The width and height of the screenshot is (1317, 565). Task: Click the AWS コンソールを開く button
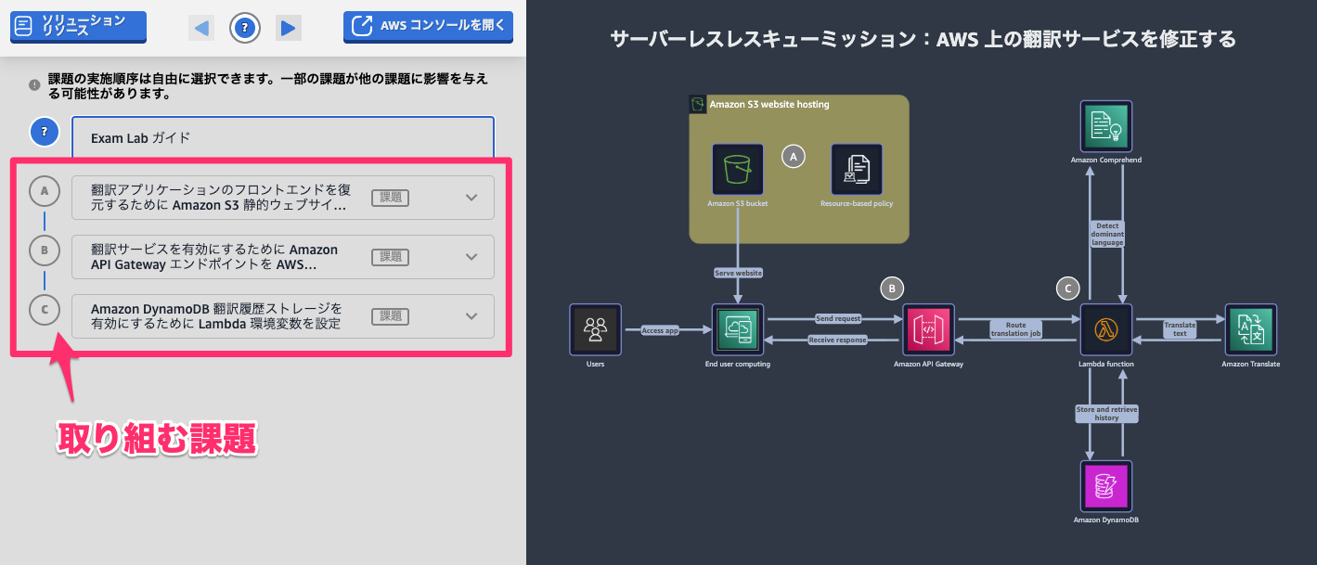click(428, 26)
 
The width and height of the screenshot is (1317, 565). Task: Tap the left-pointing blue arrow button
click(200, 28)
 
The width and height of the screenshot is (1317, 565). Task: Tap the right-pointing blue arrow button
click(289, 28)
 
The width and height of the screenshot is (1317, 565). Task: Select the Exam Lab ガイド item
click(282, 138)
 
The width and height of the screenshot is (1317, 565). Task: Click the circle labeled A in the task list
click(45, 191)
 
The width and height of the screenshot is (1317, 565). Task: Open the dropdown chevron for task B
click(471, 257)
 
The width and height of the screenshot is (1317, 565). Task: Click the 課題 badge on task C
click(390, 316)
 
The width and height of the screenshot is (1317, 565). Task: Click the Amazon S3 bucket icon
click(738, 170)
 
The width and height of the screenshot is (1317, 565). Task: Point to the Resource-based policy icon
click(857, 170)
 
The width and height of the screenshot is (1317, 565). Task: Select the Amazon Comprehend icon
click(1106, 126)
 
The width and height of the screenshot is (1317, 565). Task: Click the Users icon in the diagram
click(596, 329)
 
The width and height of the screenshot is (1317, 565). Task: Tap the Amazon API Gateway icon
click(928, 329)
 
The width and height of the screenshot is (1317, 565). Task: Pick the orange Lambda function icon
click(1106, 329)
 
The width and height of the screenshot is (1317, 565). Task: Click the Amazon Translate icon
click(1250, 329)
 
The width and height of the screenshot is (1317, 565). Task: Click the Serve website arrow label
click(738, 273)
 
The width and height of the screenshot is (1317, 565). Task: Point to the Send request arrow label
click(838, 318)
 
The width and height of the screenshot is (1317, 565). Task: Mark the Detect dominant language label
click(1107, 234)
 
